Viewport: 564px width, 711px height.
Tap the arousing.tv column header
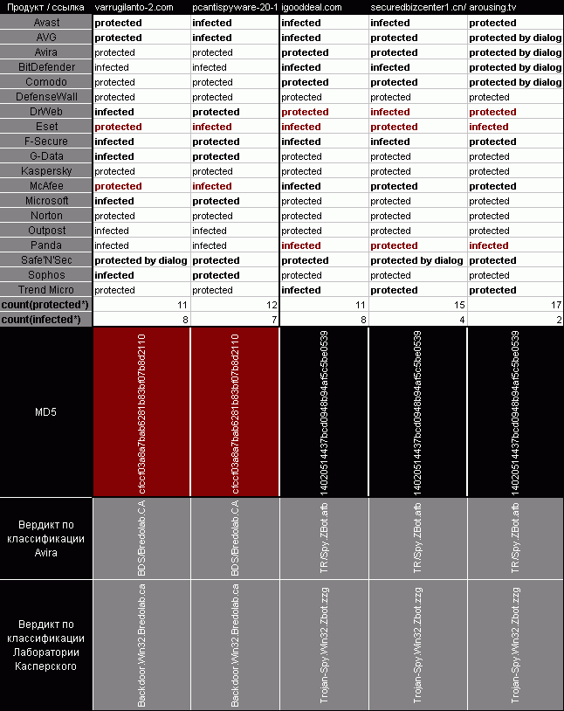[492, 7]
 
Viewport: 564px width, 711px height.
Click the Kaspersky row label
[46, 171]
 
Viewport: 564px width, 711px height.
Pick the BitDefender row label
[46, 67]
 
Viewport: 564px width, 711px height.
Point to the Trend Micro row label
[46, 290]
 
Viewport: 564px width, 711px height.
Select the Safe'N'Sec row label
[46, 260]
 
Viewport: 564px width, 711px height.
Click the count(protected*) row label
[46, 305]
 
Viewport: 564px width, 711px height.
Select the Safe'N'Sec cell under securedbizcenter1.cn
[416, 260]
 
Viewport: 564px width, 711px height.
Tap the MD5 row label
[46, 411]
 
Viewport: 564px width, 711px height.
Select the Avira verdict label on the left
[46, 539]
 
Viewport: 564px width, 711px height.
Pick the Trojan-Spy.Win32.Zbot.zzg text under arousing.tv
[516, 646]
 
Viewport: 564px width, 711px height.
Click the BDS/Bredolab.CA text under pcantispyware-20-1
[235, 538]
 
